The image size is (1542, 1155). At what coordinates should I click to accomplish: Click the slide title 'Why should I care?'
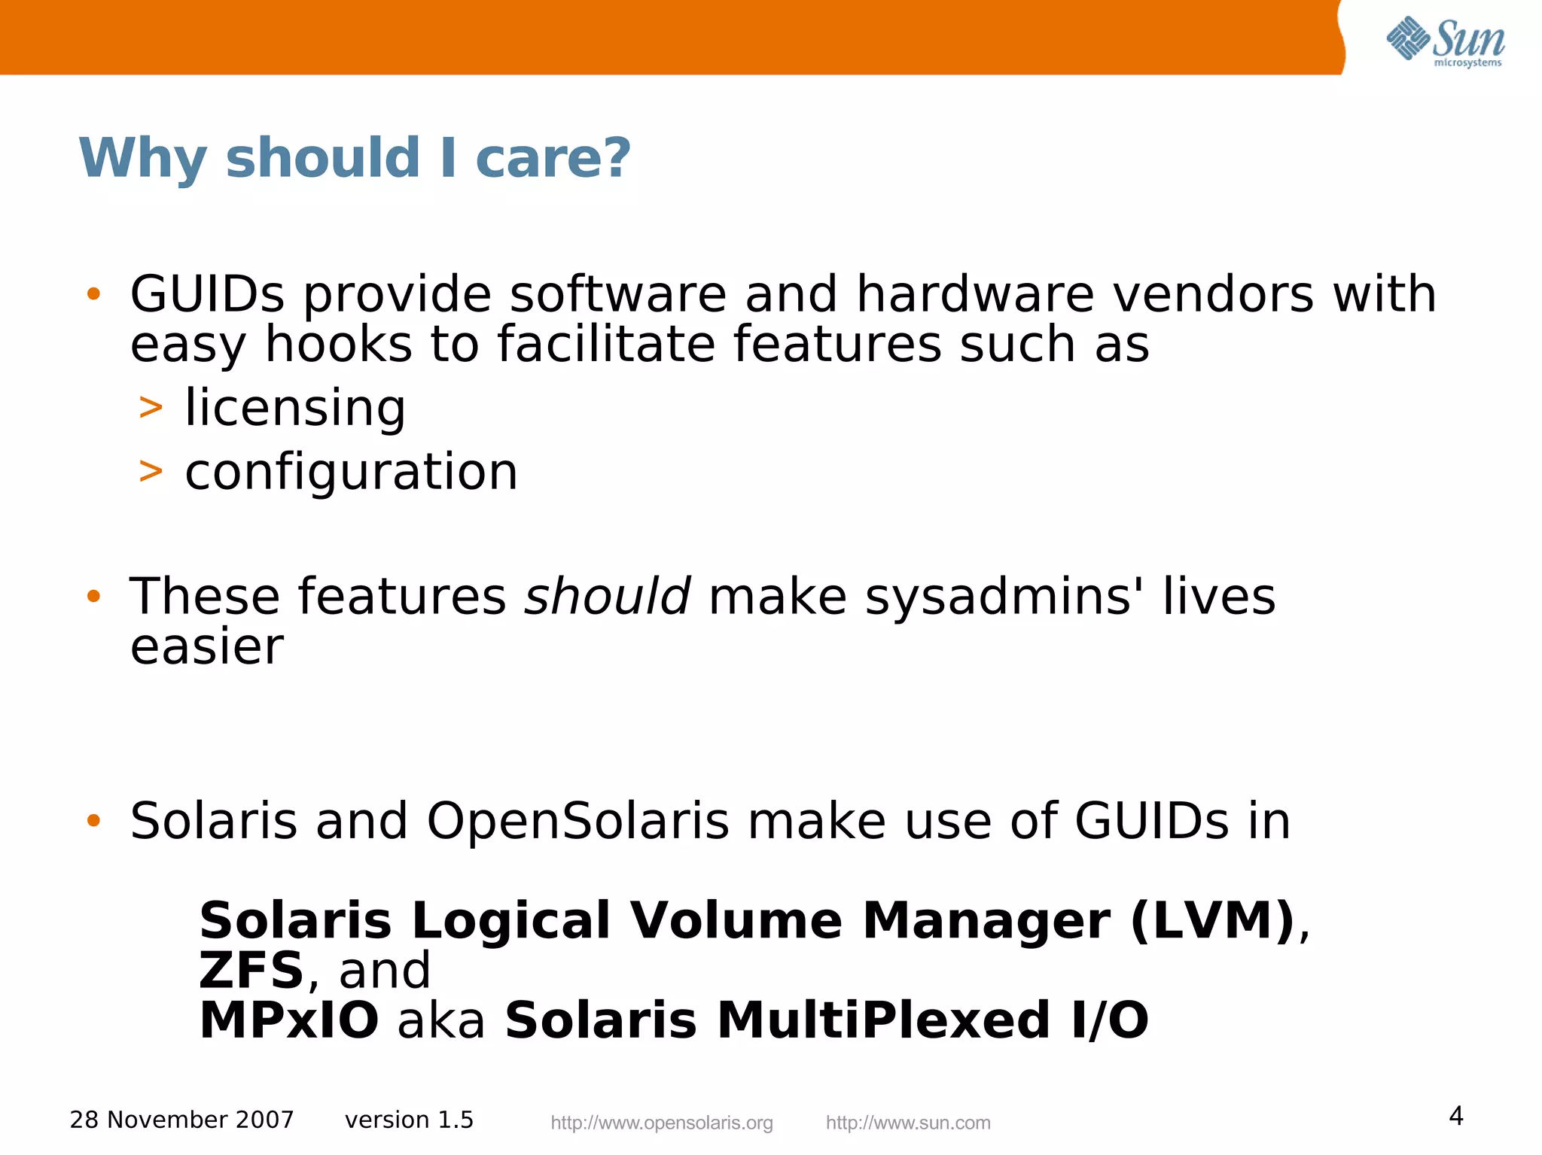pos(355,158)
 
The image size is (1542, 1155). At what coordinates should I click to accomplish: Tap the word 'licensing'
pos(295,408)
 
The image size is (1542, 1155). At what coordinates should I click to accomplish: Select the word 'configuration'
pos(352,473)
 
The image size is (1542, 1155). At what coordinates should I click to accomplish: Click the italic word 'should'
pos(607,596)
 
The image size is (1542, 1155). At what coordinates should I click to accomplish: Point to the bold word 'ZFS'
pos(251,970)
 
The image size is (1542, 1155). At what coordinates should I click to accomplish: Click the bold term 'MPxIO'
pos(289,1020)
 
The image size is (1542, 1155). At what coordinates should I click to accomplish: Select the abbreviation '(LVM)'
pos(1212,920)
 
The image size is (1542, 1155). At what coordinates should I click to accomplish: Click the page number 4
pos(1456,1115)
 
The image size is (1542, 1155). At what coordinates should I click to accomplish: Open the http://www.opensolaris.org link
pos(662,1123)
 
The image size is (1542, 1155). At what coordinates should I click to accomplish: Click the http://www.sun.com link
pos(908,1123)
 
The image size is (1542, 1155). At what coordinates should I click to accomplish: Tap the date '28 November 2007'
pos(181,1120)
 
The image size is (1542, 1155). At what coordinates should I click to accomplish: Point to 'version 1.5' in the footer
pos(409,1120)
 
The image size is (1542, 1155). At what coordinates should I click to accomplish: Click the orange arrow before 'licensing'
pos(151,408)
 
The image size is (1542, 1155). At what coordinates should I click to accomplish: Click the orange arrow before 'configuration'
pos(151,472)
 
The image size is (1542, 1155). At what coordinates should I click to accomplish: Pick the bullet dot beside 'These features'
pos(93,597)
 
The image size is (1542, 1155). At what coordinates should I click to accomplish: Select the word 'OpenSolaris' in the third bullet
pos(577,821)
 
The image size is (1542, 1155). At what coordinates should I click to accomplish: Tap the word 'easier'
pos(207,647)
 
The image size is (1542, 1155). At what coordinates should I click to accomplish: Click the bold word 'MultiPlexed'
pos(883,1020)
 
